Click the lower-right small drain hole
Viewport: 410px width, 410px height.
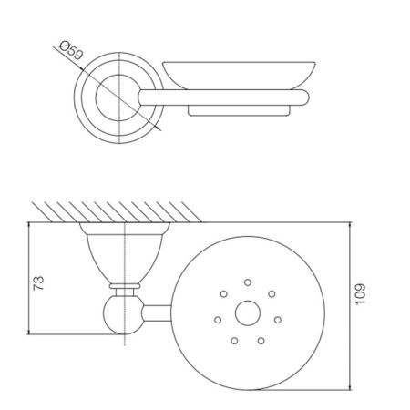click(261, 341)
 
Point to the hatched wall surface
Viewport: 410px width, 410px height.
click(118, 210)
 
